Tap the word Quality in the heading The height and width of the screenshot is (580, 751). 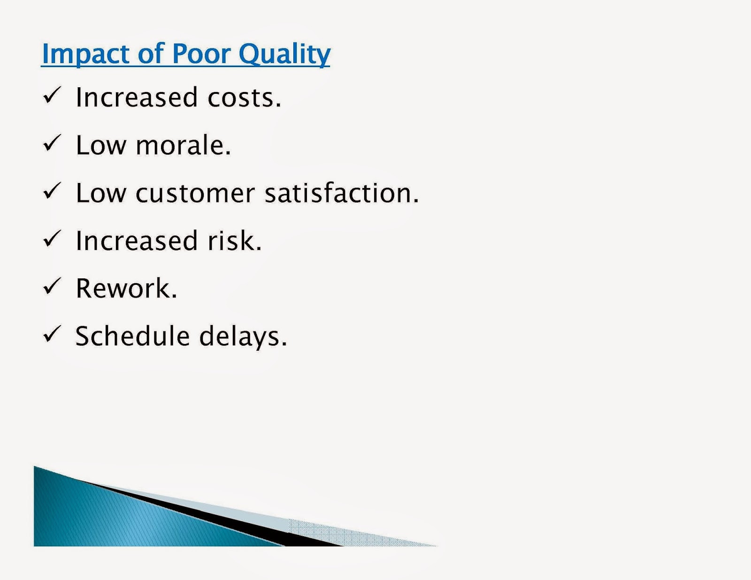click(x=284, y=54)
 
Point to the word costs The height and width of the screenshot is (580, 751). click(x=244, y=98)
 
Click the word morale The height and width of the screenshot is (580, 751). click(x=183, y=145)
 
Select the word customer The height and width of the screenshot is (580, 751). click(x=195, y=193)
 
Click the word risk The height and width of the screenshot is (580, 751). click(x=234, y=240)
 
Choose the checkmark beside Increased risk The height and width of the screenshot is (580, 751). click(x=52, y=238)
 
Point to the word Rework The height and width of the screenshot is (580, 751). click(x=126, y=288)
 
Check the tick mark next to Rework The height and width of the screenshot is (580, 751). click(x=52, y=286)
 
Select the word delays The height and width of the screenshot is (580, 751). click(x=243, y=337)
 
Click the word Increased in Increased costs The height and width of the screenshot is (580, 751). click(x=137, y=97)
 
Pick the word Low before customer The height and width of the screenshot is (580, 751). click(x=101, y=193)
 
